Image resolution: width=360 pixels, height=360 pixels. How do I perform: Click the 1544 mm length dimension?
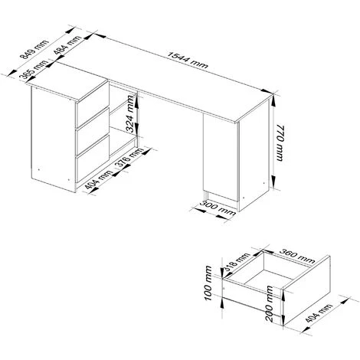click(x=188, y=61)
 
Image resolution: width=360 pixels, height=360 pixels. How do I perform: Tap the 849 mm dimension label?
click(x=34, y=49)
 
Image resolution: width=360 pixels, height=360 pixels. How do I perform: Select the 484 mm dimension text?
click(x=67, y=44)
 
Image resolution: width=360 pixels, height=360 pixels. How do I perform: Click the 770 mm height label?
click(x=280, y=143)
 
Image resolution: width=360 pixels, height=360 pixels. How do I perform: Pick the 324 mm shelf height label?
click(x=131, y=113)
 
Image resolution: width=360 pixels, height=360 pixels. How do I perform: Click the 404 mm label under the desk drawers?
click(x=98, y=180)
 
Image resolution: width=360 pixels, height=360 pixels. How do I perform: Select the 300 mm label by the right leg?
click(x=218, y=208)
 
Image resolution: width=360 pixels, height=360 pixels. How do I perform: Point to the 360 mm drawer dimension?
click(x=297, y=256)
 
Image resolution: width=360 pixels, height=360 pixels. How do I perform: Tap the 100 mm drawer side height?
click(x=208, y=283)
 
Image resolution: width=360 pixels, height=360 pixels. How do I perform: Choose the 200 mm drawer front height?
click(x=270, y=303)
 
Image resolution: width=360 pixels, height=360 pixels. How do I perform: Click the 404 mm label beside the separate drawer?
click(x=319, y=313)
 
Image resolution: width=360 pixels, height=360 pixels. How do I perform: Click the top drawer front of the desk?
click(x=93, y=105)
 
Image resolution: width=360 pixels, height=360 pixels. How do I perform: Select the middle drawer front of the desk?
click(x=93, y=132)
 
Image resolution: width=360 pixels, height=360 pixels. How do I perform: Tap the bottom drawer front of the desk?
click(x=93, y=159)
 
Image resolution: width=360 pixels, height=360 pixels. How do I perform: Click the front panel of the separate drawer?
click(x=306, y=291)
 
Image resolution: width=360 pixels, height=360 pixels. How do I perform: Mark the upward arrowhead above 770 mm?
click(x=273, y=101)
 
